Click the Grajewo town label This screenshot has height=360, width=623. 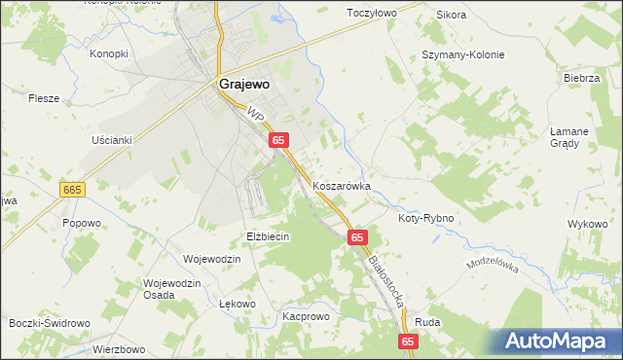(x=244, y=84)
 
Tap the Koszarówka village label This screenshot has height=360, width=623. (x=342, y=184)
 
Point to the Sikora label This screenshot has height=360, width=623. (x=452, y=15)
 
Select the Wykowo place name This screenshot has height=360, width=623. (x=587, y=224)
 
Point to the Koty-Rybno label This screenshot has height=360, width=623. (x=426, y=218)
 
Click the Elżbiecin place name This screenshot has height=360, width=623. (x=269, y=236)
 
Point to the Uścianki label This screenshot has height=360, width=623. (x=111, y=140)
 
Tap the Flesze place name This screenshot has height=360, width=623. (x=45, y=98)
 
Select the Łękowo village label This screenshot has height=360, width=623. (x=238, y=304)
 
